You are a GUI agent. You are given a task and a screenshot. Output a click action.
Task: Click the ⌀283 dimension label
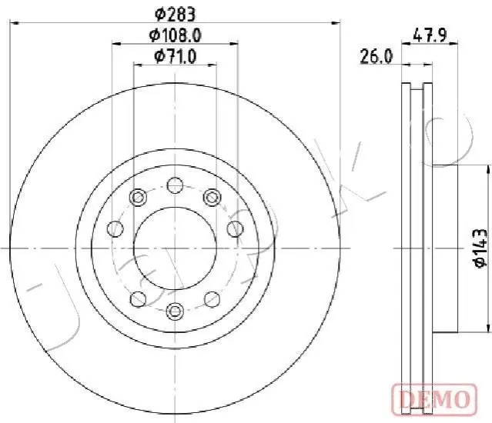click(x=176, y=15)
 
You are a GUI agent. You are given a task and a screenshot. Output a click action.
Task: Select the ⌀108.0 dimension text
click(x=175, y=35)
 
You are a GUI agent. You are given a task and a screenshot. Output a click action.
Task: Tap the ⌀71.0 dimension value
click(x=176, y=57)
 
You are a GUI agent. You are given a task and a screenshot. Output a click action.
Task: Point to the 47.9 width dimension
click(x=430, y=35)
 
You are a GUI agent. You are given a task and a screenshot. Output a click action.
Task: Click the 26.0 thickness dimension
click(x=377, y=57)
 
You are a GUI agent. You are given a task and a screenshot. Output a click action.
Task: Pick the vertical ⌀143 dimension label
click(x=480, y=248)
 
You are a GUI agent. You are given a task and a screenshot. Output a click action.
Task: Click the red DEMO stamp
click(x=435, y=399)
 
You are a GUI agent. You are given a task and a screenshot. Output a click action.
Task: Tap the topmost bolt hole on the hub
click(x=175, y=185)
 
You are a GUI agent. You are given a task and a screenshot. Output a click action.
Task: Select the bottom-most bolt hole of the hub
click(x=175, y=311)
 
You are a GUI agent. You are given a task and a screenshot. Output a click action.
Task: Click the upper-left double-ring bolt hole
click(x=138, y=198)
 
